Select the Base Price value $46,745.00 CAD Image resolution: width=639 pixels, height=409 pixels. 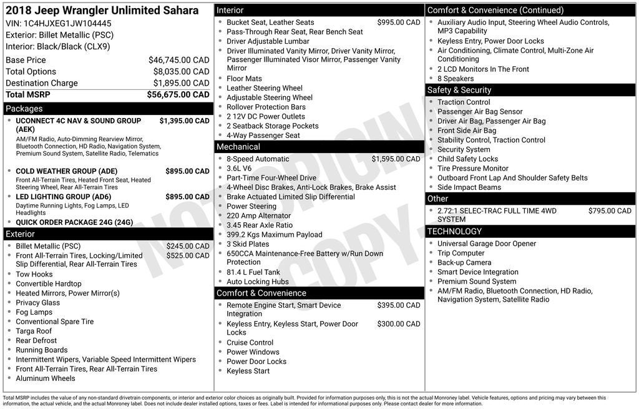tap(178, 60)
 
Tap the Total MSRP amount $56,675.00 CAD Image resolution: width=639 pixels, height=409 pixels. tap(178, 95)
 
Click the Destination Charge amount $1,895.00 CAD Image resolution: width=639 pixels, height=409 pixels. tap(178, 83)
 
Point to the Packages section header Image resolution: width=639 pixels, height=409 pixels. tap(24, 109)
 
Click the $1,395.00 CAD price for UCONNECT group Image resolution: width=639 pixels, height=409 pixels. tap(184, 121)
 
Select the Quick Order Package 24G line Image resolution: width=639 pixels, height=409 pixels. tap(74, 222)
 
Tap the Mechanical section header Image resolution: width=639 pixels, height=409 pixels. tap(238, 147)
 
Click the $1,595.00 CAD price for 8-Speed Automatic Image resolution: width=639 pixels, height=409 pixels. tap(396, 159)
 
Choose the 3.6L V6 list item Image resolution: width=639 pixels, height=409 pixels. tap(239, 169)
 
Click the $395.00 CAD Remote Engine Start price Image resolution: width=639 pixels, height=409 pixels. tap(399, 305)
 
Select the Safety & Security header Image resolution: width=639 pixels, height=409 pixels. tap(459, 90)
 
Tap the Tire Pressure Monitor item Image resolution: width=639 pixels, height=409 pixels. tap(472, 169)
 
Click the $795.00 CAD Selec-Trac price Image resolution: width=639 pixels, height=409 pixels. tap(610, 211)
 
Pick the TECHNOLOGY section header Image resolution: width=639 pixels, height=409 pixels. tap(454, 232)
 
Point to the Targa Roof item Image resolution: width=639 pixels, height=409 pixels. tap(34, 331)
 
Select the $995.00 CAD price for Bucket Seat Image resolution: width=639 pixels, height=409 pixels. tap(399, 22)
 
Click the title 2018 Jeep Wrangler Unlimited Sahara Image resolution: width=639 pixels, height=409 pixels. tap(102, 11)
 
